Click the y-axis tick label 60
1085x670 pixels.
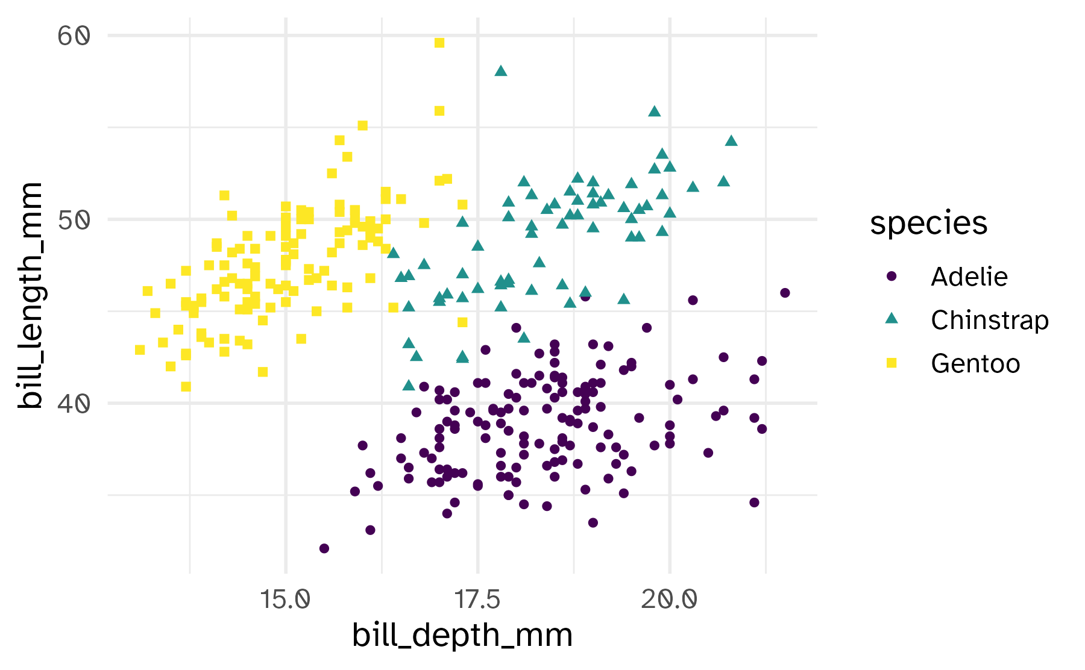[74, 36]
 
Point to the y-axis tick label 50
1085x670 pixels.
[74, 220]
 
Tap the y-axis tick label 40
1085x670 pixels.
[74, 404]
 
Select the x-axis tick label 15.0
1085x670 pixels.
[285, 600]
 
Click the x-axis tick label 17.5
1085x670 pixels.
[477, 600]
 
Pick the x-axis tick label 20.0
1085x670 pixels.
[669, 600]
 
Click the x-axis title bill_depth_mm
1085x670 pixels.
[462, 636]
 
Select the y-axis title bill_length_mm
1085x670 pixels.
[30, 295]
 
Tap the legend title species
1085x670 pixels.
[928, 224]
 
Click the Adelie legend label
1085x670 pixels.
[969, 277]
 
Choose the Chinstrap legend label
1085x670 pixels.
[989, 321]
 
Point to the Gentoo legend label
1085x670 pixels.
[975, 364]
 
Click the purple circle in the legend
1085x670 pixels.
[892, 277]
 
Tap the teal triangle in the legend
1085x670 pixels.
[892, 319]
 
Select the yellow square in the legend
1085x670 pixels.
[892, 363]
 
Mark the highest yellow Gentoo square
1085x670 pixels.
[439, 43]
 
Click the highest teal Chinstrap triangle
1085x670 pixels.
[500, 71]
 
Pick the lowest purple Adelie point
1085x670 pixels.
[324, 548]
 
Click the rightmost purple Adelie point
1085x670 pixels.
[785, 293]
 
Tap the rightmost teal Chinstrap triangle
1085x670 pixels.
[731, 141]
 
